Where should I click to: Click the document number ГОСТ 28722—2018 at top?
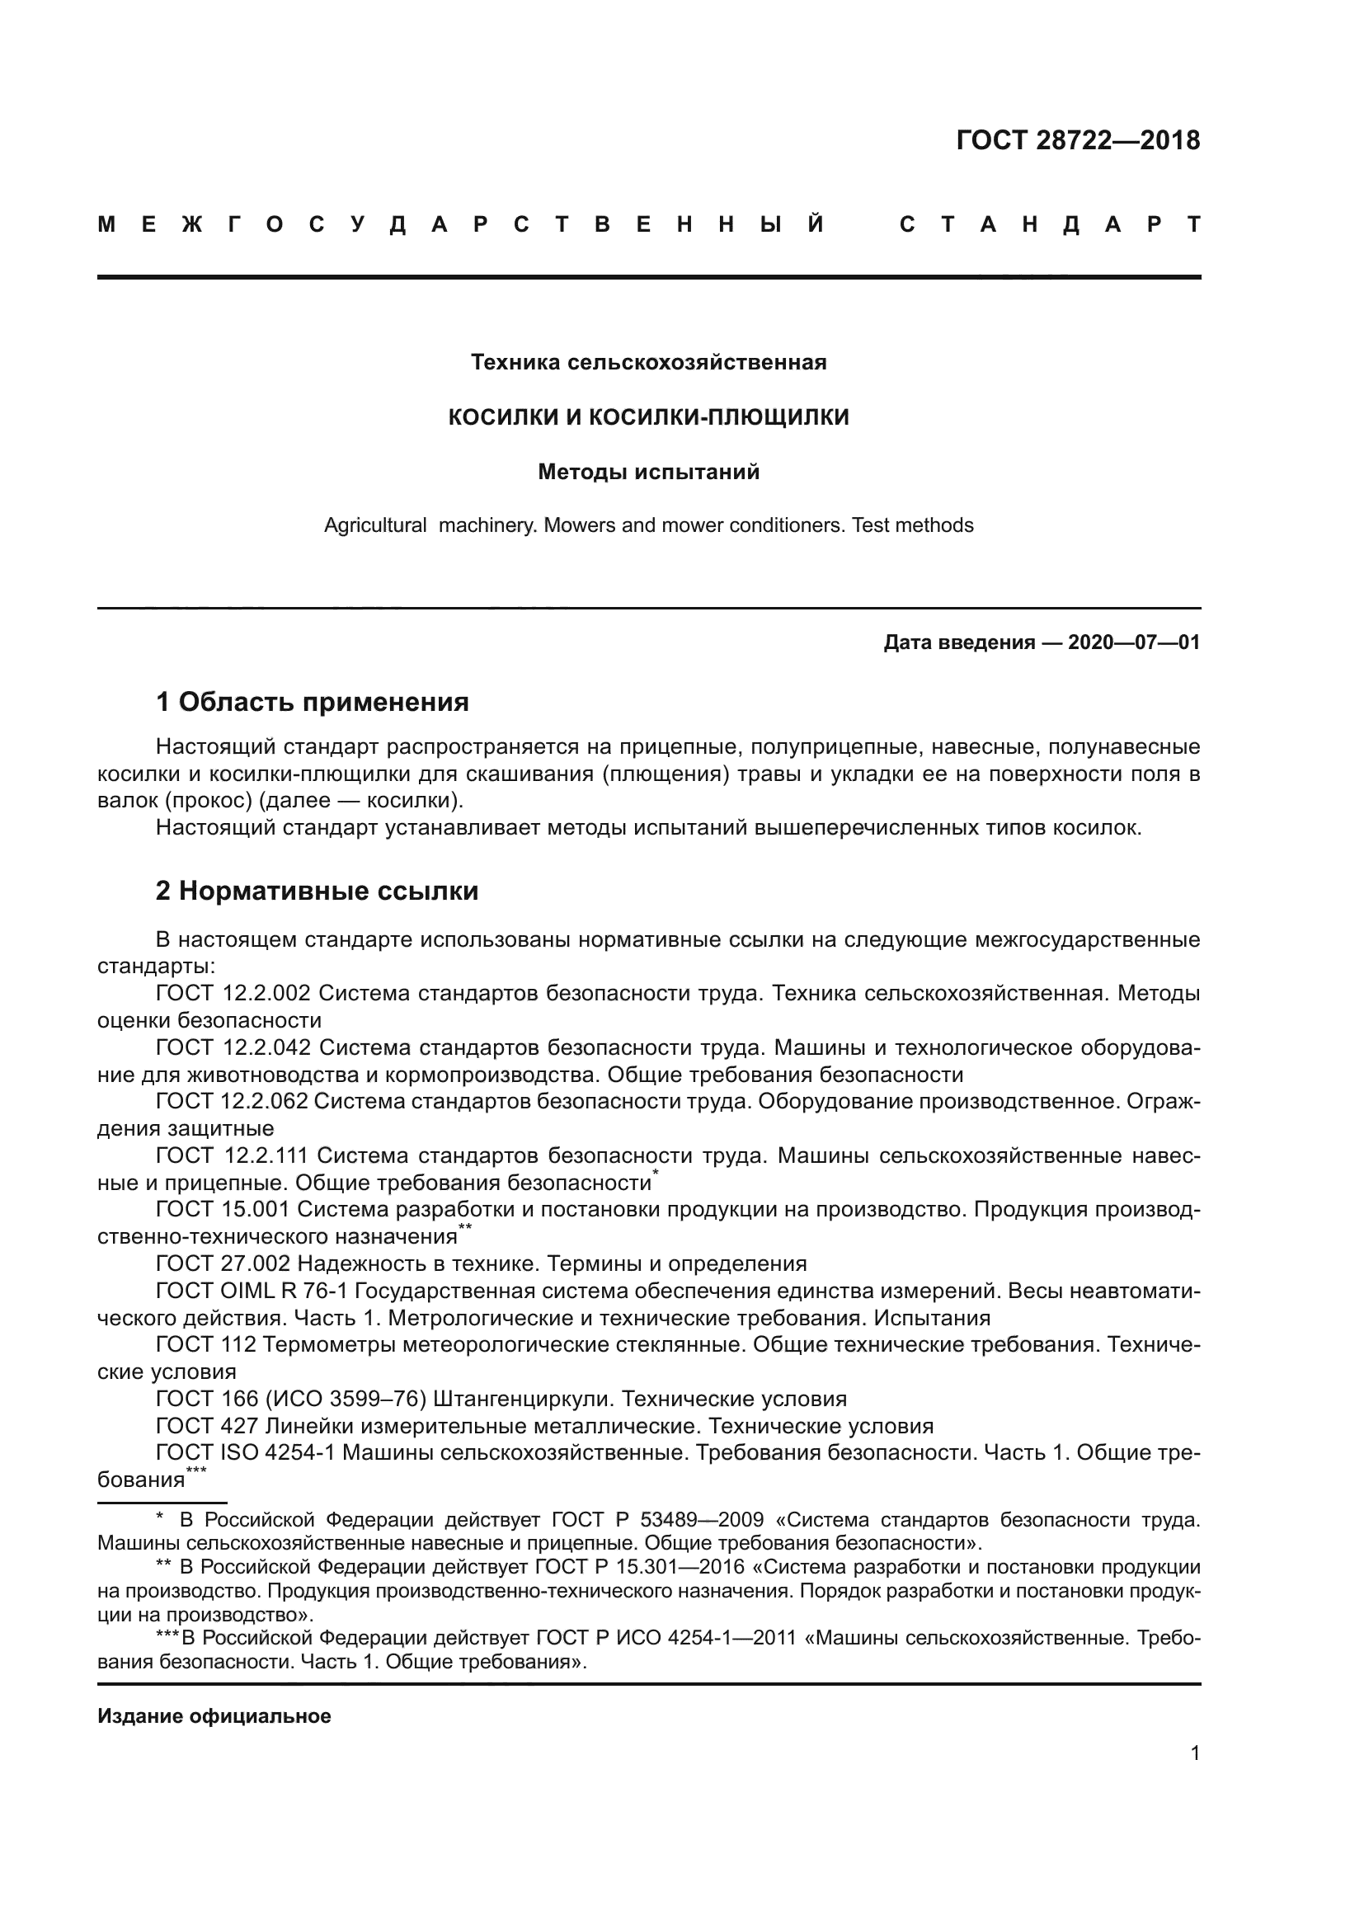1078,140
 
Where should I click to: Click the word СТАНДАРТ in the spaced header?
1050,225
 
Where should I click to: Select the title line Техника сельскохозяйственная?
648,362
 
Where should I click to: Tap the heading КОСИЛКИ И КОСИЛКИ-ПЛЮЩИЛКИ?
648,416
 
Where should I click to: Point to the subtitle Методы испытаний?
648,473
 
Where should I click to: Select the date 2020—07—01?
1134,642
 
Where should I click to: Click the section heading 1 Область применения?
312,702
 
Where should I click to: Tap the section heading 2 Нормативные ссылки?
317,891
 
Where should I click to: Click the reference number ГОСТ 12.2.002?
233,993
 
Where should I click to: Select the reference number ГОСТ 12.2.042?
233,1047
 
